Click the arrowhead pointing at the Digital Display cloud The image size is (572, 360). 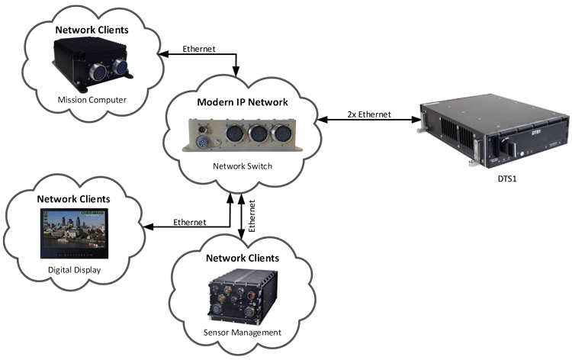coord(146,227)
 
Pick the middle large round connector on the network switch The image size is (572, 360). coord(258,136)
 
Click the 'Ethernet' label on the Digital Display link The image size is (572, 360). coord(189,222)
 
